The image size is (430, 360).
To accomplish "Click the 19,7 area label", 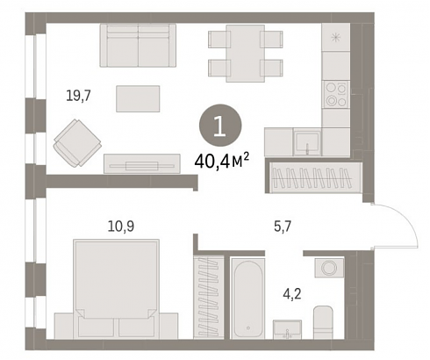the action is click(79, 96).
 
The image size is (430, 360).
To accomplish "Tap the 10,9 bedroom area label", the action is click(121, 227).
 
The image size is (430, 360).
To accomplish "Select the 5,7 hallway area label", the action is click(283, 227).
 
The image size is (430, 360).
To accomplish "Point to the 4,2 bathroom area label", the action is click(292, 293).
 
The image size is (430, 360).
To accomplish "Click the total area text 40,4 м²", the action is click(222, 162).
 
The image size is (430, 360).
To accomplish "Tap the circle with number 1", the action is click(220, 126).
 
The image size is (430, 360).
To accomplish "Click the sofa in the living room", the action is click(138, 46).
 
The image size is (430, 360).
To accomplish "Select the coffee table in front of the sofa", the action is click(138, 98).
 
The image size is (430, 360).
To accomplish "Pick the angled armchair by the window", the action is click(77, 143).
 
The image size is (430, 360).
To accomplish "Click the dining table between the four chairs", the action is click(246, 54).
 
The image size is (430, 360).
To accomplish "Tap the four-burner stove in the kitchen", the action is click(336, 94).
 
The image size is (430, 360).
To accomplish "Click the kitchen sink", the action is click(307, 142).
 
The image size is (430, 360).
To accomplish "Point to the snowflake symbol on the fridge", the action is click(336, 38).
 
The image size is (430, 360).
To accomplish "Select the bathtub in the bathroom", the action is click(248, 299).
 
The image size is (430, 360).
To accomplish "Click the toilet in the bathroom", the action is click(323, 322).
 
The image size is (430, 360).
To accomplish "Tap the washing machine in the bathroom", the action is click(329, 268).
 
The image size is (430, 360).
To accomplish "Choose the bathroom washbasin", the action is click(287, 329).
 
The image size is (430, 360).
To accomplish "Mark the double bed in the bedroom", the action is click(116, 289).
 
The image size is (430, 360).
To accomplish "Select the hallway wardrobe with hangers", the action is click(313, 177).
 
